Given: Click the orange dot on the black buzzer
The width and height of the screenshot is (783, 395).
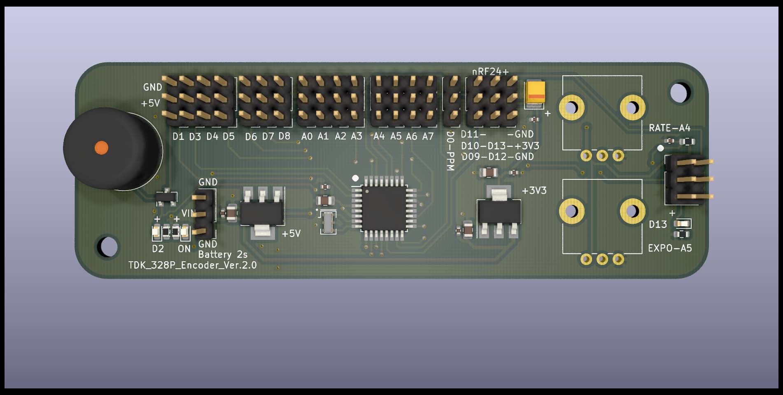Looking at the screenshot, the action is coord(101,147).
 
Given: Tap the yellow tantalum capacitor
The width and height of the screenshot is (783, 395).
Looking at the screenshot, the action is coord(535,93).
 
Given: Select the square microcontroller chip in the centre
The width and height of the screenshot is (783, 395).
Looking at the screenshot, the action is coord(384,207).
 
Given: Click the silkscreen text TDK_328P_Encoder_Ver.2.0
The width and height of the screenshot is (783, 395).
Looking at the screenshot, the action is coord(192,265).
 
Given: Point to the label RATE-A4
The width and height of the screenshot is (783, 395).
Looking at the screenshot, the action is coord(669,128).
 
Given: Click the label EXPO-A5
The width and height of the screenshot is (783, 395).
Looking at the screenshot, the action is coord(670,248).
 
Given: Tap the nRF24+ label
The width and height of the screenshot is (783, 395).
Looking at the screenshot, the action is coord(490,72).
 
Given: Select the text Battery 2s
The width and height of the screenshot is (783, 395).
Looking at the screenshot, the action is coord(223,255).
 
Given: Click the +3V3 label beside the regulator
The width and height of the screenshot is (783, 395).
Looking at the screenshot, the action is coord(534,191).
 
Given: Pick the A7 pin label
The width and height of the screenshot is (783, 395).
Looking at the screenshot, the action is coord(428,136).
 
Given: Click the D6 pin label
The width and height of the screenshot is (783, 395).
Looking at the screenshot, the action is coord(251,137).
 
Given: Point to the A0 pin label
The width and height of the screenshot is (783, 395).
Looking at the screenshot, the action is coord(307,137).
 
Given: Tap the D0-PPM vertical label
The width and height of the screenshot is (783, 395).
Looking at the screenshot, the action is coord(450,151).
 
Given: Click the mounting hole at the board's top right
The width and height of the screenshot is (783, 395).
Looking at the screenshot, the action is coord(680,93).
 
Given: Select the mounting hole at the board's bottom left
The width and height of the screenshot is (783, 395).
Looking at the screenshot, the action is coord(107,246).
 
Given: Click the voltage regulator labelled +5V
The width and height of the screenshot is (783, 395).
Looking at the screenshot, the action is coord(262,212).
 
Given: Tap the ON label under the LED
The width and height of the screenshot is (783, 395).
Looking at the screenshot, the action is coord(184,249).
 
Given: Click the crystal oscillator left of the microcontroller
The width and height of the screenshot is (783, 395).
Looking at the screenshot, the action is coord(328,222).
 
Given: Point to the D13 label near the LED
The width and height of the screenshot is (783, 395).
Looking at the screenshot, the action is coord(658,224).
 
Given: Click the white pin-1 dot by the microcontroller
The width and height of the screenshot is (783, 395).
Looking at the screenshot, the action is coord(355,178).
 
